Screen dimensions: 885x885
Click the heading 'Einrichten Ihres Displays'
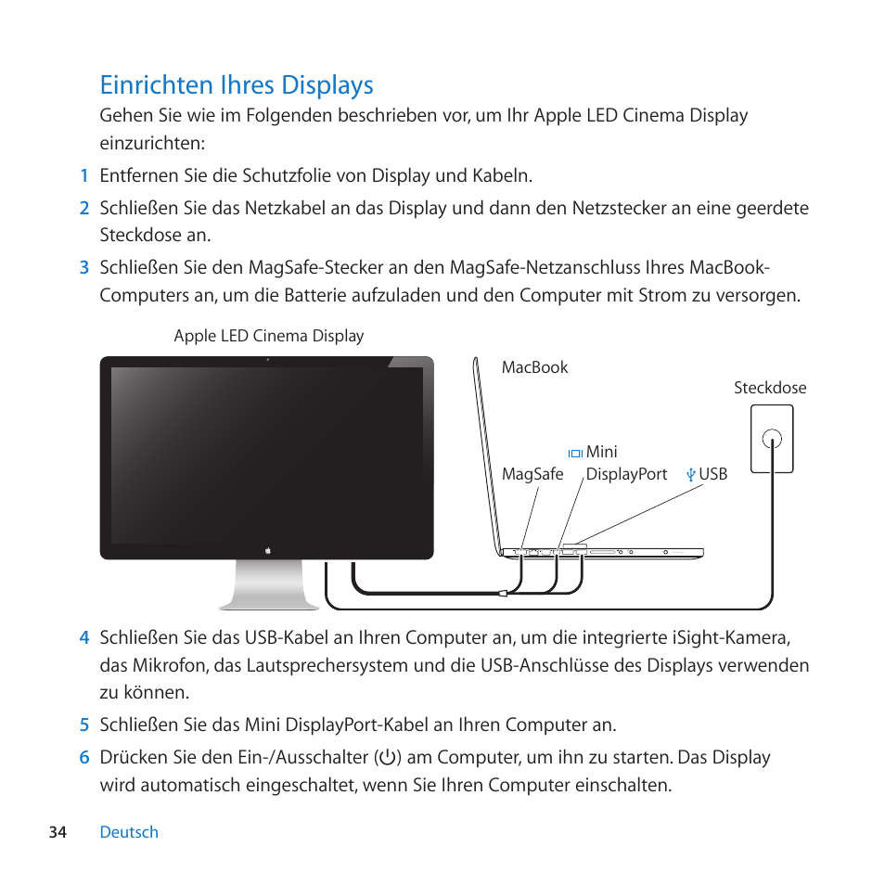pyautogui.click(x=237, y=84)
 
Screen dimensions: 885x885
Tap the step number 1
pyautogui.click(x=83, y=175)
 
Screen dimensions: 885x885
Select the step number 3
pyautogui.click(x=83, y=268)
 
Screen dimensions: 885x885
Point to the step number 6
pyautogui.click(x=83, y=758)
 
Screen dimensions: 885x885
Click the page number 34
pyautogui.click(x=58, y=832)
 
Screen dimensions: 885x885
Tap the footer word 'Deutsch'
pyautogui.click(x=129, y=832)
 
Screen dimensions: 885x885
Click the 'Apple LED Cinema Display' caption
pyautogui.click(x=269, y=336)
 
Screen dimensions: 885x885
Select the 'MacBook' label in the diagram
pyautogui.click(x=534, y=367)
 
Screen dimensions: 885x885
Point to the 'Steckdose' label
pyautogui.click(x=770, y=388)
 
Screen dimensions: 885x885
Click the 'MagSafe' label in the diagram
pyautogui.click(x=532, y=474)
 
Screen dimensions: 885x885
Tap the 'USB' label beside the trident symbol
pyautogui.click(x=713, y=474)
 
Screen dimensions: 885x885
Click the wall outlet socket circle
pyautogui.click(x=771, y=438)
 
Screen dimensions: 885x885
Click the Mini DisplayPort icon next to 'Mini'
pyautogui.click(x=575, y=453)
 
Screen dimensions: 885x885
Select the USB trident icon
pyautogui.click(x=690, y=474)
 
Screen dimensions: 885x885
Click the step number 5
pyautogui.click(x=83, y=725)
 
